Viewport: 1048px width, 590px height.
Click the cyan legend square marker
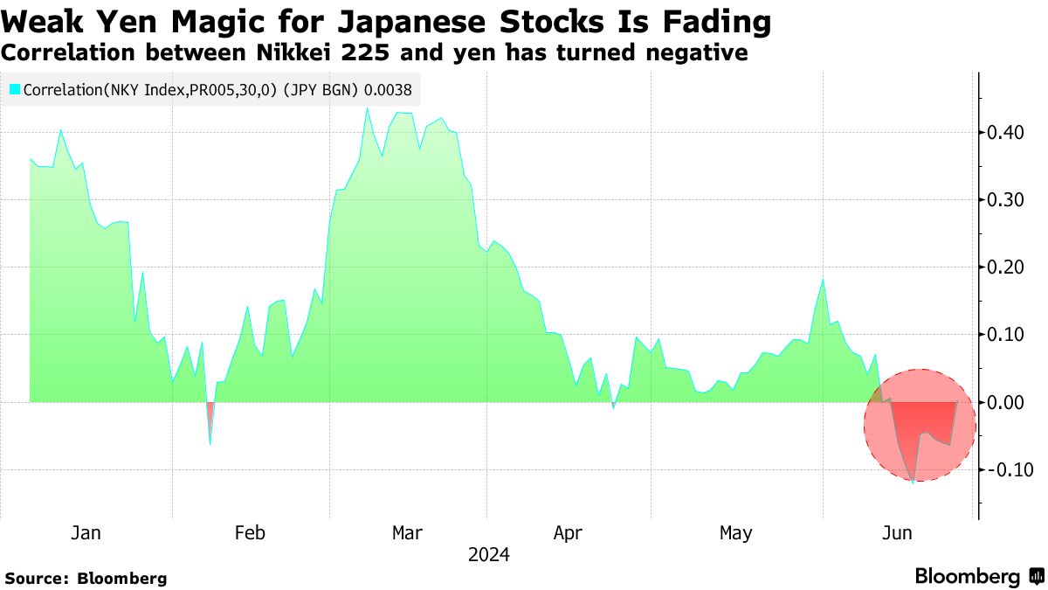(x=14, y=88)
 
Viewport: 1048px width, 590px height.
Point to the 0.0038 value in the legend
(x=390, y=88)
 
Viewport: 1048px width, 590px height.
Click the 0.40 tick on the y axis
(x=1004, y=133)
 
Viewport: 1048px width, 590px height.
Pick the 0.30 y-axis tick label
(x=1004, y=200)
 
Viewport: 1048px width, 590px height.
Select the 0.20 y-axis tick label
(x=1004, y=267)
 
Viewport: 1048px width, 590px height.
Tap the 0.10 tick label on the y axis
(x=1004, y=335)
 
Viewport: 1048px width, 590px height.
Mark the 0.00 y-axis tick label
(x=1004, y=402)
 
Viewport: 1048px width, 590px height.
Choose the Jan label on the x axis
(x=85, y=533)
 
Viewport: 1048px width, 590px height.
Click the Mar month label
(x=408, y=533)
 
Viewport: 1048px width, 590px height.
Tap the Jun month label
(x=899, y=533)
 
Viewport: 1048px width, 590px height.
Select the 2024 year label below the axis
(x=488, y=555)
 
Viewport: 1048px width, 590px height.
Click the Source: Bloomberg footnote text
(x=86, y=578)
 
